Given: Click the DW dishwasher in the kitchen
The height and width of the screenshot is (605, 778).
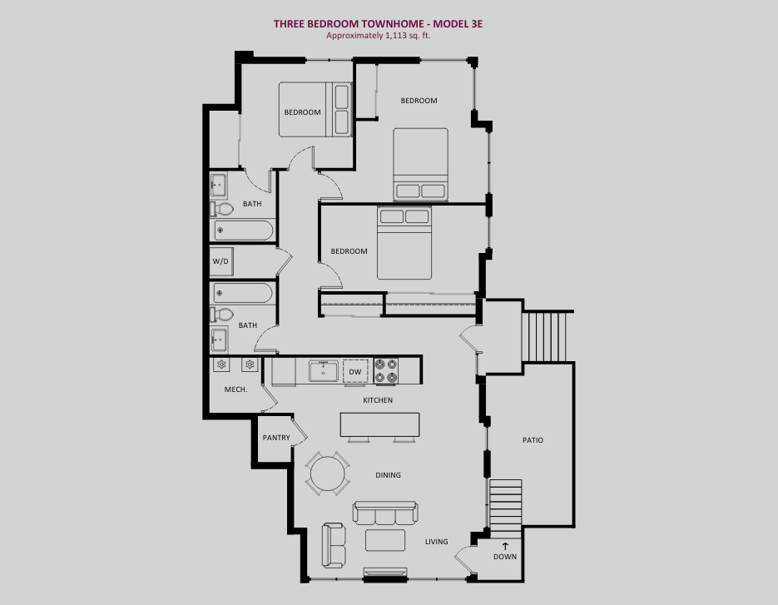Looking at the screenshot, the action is pos(355,371).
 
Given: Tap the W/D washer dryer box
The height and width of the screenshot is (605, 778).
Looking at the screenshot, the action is pos(221,261).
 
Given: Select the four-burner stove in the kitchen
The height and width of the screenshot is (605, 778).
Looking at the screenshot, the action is pos(386,371).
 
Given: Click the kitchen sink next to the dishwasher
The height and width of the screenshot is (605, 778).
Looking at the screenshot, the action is pos(323,371).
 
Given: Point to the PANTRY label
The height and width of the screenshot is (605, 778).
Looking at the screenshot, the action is pos(276,438).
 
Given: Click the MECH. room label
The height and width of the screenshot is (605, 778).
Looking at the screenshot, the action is pos(235,389).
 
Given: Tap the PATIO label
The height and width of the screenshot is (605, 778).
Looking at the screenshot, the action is pos(533,440).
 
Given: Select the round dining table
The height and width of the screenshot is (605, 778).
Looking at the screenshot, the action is pos(327,474).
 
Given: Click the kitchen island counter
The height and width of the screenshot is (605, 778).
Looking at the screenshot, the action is pos(380,425).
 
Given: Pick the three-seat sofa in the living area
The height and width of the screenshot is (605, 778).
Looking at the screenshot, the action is pos(385,513).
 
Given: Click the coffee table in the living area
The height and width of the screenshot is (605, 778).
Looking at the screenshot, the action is pos(385,540).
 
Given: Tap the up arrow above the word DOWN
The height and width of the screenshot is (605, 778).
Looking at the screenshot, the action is pos(505,547).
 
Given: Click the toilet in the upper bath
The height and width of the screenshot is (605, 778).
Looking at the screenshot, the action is pos(222,209).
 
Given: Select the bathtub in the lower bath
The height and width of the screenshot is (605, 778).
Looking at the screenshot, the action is pos(243,293).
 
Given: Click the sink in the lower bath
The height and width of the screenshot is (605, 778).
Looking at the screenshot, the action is pos(219,340).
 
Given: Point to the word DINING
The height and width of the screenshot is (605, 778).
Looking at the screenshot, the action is pos(388,475).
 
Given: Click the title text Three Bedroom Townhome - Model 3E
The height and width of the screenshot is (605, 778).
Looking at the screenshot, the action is pos(378,24).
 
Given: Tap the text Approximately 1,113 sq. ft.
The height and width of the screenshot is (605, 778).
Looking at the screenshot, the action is pos(378,36).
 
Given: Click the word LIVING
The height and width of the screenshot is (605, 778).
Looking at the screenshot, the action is pos(437,542).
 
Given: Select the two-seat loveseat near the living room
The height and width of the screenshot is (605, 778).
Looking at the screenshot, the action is pos(334,545).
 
